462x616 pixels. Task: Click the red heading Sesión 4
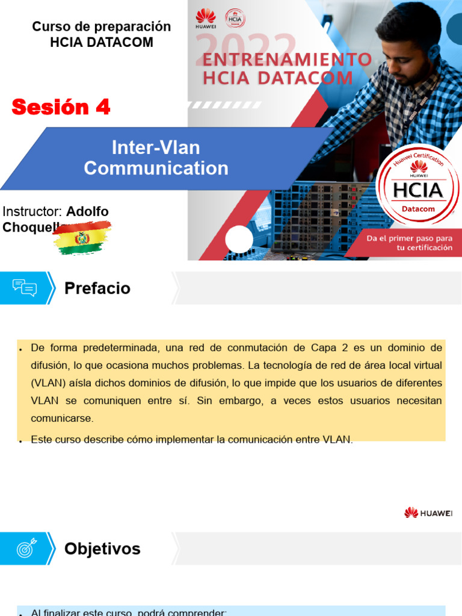tap(61, 107)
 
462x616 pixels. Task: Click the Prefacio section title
tap(97, 288)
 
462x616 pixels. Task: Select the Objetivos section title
tap(102, 549)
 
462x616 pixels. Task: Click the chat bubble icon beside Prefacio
tap(25, 288)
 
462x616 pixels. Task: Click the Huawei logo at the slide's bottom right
tap(428, 513)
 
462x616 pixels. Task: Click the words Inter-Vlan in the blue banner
tap(156, 147)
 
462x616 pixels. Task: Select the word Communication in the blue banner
tap(156, 168)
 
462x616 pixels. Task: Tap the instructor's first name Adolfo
tap(87, 211)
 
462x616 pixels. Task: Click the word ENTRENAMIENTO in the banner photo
tap(287, 60)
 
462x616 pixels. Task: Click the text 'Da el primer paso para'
tap(410, 238)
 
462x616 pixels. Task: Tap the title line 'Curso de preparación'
tap(102, 26)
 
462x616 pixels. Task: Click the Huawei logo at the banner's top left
tap(205, 18)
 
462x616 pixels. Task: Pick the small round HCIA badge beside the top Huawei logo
tap(234, 18)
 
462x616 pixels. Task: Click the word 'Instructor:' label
tap(32, 211)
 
